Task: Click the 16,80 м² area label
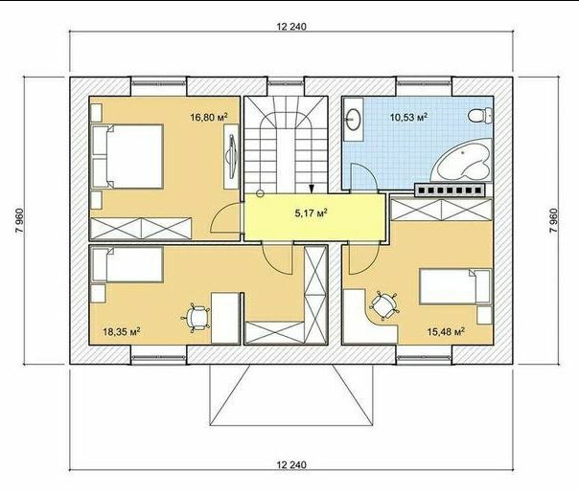point(209,118)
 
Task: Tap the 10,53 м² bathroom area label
point(409,118)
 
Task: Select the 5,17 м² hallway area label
point(312,213)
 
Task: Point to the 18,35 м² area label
point(121,331)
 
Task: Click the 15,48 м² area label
point(446,331)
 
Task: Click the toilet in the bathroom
point(480,116)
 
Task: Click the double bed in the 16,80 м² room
point(127,156)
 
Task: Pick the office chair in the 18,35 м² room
point(196,318)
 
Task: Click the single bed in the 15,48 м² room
point(455,286)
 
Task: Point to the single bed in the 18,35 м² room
point(127,265)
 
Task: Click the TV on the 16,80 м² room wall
point(232,157)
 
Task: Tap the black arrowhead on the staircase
point(312,189)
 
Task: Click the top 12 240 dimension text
point(291,27)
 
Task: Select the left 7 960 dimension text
point(19,220)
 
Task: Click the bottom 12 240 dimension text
point(291,464)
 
